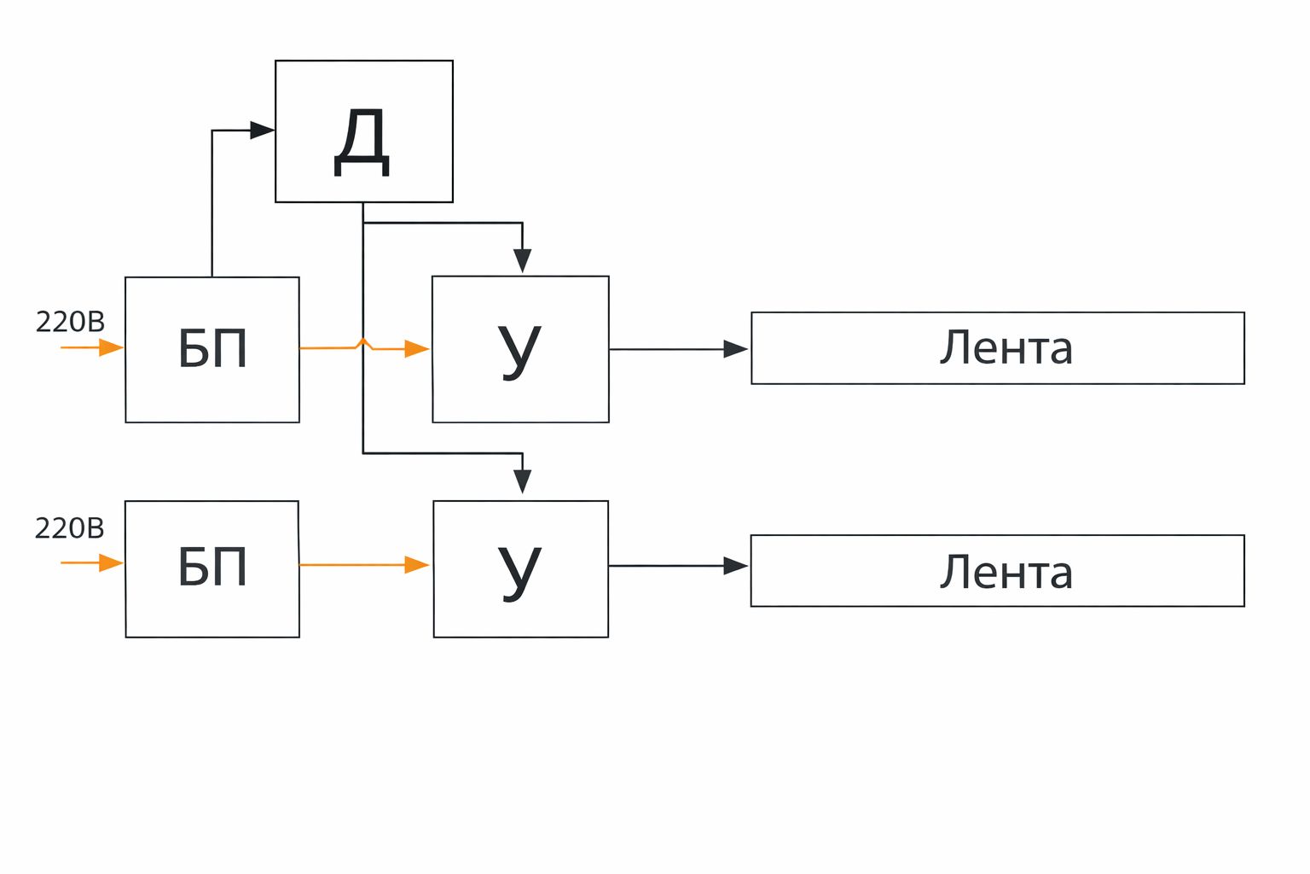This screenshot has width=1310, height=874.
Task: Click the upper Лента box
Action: pos(997,348)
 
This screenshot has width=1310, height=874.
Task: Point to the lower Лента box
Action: pos(997,571)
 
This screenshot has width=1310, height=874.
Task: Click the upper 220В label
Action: pos(70,322)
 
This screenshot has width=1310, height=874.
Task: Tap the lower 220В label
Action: pos(69,529)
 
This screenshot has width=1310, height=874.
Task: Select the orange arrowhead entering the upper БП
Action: pos(112,348)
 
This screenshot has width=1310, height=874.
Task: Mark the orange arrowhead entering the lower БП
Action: pos(112,563)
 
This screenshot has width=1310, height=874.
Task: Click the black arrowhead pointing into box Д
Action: pos(262,131)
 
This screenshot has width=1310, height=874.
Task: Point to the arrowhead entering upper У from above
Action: pos(523,260)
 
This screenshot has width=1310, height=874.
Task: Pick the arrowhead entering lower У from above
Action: pos(523,481)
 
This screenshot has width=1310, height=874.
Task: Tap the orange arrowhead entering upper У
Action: pos(417,349)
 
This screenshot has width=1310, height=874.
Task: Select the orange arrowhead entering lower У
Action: pos(417,565)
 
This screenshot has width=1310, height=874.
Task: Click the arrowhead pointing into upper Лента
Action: pos(736,349)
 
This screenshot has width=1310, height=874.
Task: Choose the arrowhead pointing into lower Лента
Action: pos(736,566)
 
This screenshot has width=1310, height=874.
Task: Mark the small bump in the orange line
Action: pos(364,343)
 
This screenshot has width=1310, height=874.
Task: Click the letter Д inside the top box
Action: pos(362,143)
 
